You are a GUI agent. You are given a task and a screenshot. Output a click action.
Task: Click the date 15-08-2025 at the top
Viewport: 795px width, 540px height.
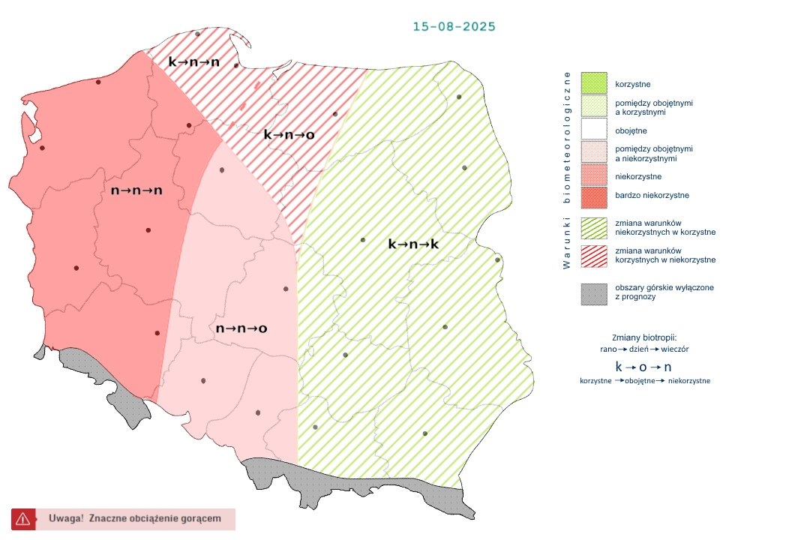[x=454, y=26]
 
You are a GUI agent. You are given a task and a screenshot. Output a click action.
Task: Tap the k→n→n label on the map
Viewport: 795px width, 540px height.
[x=193, y=62]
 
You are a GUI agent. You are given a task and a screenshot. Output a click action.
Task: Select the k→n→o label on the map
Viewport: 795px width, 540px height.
[x=289, y=135]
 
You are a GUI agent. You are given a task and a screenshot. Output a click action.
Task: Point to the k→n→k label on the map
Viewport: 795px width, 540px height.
[x=413, y=244]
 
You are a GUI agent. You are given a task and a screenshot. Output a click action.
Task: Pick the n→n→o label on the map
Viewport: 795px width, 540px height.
[x=241, y=328]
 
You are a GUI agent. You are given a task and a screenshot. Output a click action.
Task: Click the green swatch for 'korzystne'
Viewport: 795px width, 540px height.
[x=593, y=82]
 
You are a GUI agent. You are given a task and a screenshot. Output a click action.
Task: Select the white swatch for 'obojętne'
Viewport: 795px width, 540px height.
[x=593, y=129]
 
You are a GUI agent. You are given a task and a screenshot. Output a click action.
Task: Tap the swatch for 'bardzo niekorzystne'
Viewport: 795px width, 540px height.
[x=593, y=195]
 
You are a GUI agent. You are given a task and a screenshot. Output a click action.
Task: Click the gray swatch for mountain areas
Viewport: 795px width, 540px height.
[x=593, y=292]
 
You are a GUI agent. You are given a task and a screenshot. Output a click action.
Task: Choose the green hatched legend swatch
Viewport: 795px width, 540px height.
[x=593, y=227]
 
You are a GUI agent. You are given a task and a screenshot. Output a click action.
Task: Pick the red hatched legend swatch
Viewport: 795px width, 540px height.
[x=593, y=255]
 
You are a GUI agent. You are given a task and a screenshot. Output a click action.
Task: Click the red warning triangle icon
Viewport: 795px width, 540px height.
[x=22, y=518]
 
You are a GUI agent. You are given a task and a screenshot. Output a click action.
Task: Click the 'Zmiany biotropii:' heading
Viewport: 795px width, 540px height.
[x=644, y=337]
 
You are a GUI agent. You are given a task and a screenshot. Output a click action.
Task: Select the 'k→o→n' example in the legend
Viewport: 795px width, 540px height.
[x=643, y=367]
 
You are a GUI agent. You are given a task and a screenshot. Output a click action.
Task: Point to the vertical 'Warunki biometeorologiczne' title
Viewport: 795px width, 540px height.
[x=567, y=170]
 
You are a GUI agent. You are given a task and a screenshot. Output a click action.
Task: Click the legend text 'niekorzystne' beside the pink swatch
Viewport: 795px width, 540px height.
[x=637, y=176]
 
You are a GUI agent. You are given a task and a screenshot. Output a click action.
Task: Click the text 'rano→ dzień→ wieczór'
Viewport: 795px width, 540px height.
[x=644, y=349]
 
